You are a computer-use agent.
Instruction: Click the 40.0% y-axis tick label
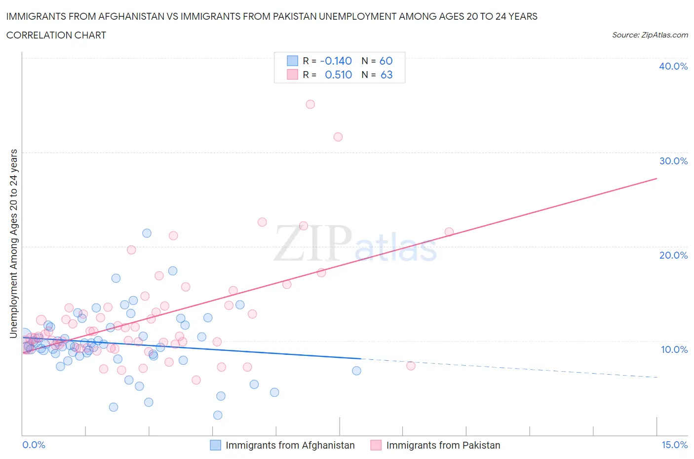(673, 66)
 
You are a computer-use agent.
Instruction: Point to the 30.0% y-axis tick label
(673, 161)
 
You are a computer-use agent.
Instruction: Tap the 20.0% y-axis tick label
(673, 255)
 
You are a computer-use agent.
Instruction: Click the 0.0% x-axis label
(34, 445)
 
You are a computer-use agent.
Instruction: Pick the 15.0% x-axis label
(674, 445)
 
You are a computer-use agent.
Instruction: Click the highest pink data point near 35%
(310, 104)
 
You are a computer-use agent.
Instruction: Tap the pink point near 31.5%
(338, 137)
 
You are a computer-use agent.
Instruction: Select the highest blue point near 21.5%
(147, 233)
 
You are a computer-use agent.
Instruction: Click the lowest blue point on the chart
(218, 415)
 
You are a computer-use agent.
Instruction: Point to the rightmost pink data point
(449, 231)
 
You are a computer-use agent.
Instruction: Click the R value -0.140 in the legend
(336, 61)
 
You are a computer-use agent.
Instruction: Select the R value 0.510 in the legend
(338, 75)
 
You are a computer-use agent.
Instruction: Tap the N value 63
(386, 75)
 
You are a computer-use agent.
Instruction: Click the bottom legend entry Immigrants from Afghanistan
(290, 445)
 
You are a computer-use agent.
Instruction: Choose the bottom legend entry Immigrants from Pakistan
(443, 445)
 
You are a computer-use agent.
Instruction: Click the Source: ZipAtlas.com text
(650, 35)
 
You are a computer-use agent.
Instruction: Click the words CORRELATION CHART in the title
(56, 35)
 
